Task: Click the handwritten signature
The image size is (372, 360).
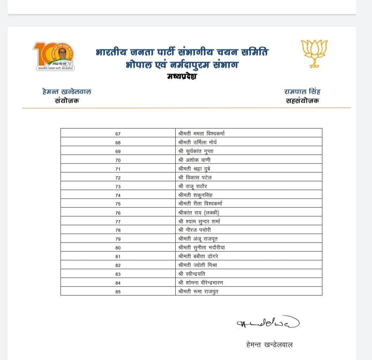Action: pos(268,323)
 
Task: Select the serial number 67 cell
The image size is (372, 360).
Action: pos(118,134)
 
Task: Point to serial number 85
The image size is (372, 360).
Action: pos(118,291)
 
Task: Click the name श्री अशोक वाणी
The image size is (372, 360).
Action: pos(195,160)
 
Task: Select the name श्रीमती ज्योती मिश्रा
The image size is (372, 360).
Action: pos(197,265)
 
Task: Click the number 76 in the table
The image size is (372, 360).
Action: pos(118,212)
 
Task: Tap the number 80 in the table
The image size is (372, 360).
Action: pos(118,247)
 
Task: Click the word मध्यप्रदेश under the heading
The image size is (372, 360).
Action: pos(182,76)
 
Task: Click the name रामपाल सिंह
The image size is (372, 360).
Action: pos(302,92)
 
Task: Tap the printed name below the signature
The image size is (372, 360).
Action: pos(269,345)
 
